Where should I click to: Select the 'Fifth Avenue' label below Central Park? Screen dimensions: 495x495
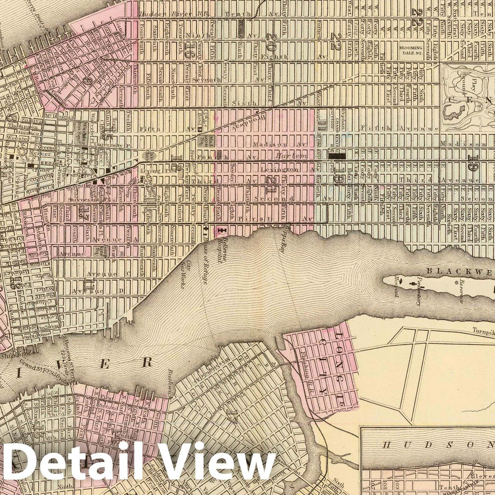click(391, 128)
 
